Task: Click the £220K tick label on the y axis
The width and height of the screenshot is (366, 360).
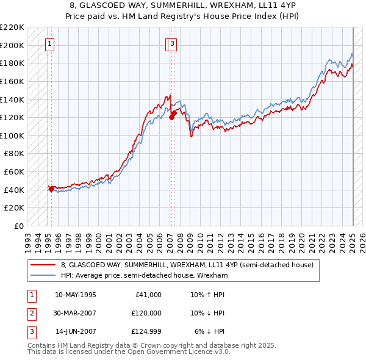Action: point(12,27)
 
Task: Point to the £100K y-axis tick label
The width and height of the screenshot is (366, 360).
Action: point(12,135)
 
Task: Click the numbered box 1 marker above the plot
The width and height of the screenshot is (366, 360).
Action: point(48,43)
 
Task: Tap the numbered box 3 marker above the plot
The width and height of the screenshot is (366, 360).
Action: point(173,43)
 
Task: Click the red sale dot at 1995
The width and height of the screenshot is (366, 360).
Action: point(51,189)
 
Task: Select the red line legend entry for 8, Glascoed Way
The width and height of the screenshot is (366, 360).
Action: point(187,265)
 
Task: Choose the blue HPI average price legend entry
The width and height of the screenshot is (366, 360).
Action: point(144,275)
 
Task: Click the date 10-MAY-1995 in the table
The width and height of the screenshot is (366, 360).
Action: point(76,295)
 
